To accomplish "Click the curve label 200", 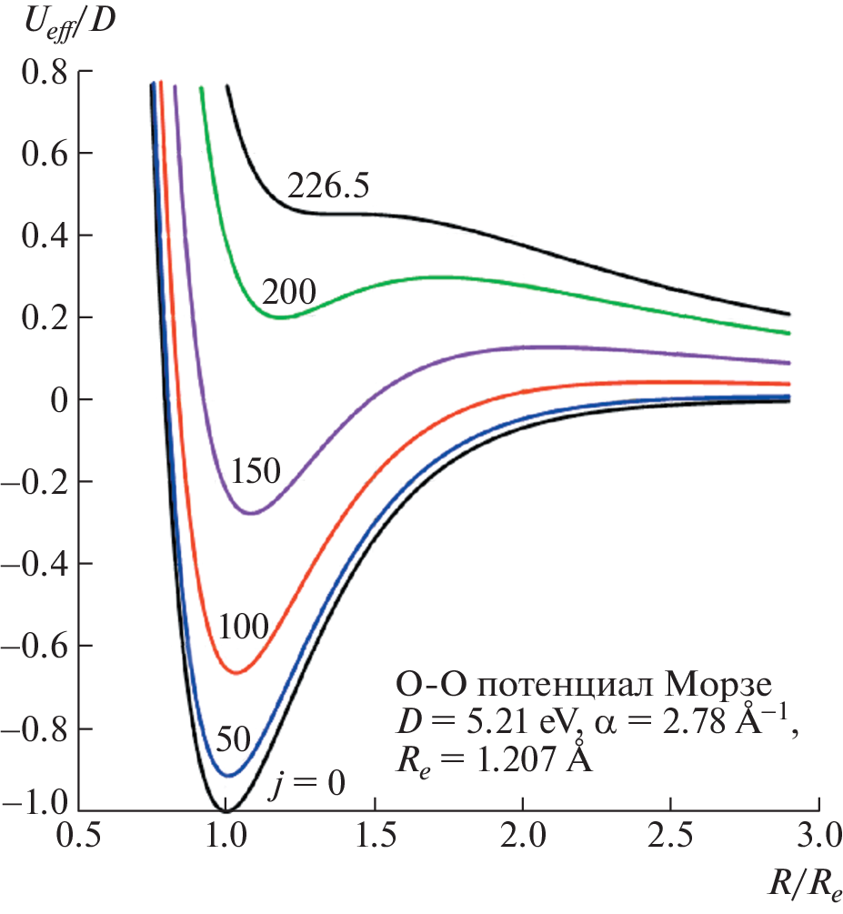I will point(288,291).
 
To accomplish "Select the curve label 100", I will point(243,627).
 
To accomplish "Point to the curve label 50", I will point(233,738).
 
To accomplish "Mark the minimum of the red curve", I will point(236,673).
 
